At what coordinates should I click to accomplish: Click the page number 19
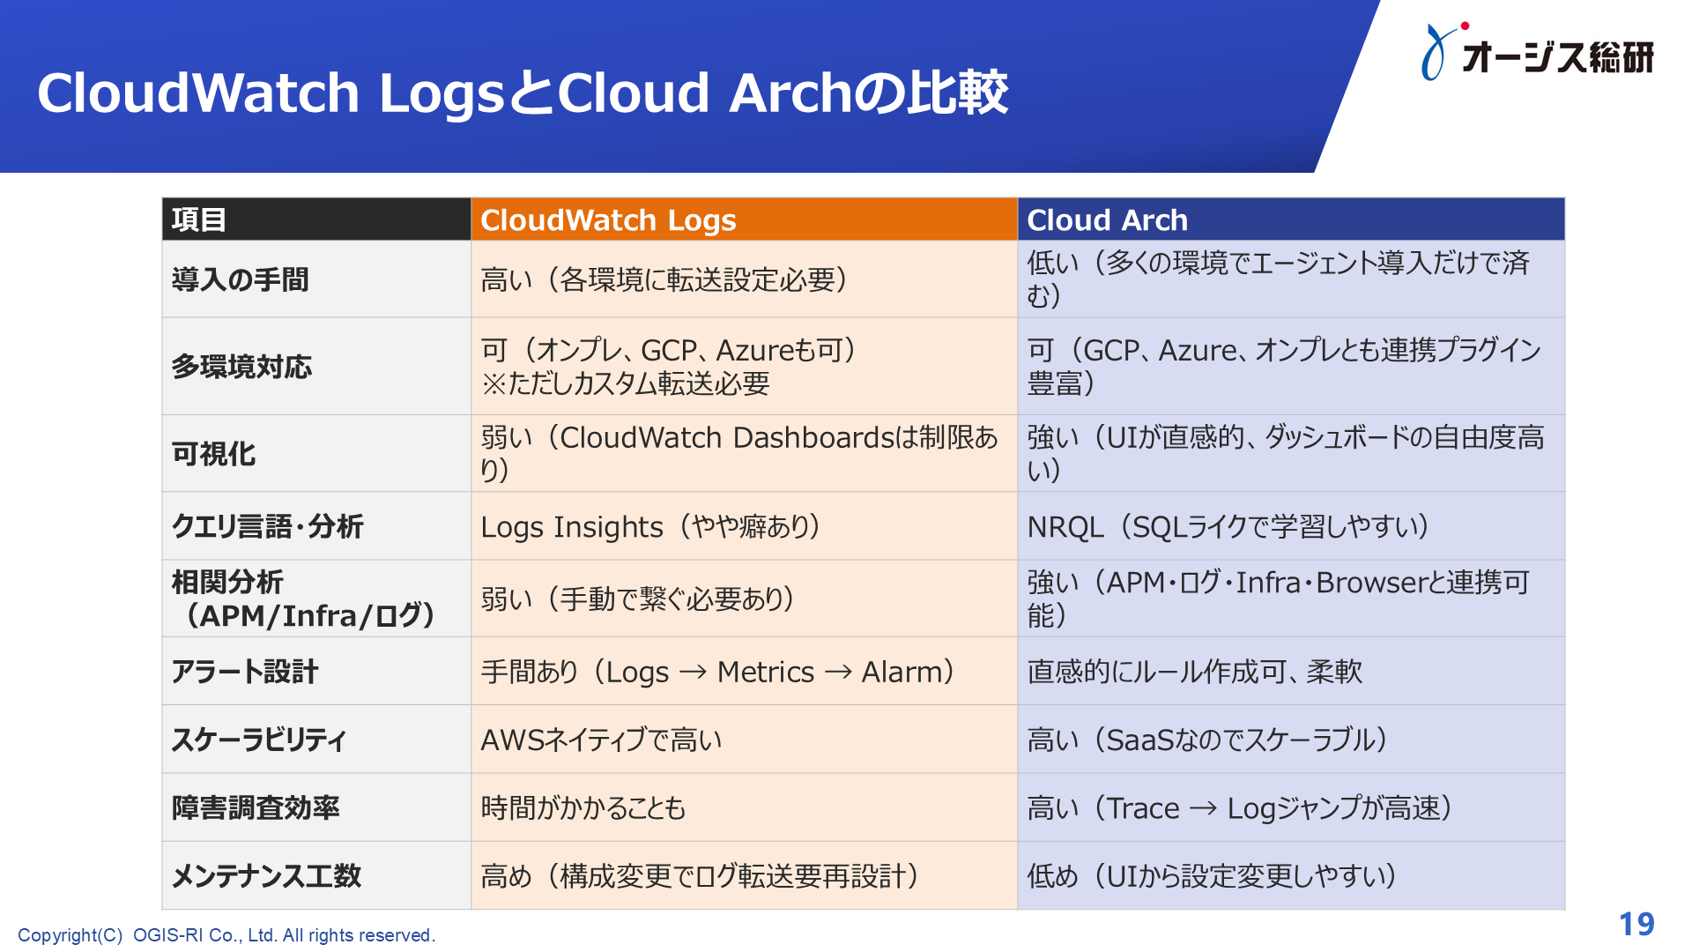point(1636,924)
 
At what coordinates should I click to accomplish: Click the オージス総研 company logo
point(1538,54)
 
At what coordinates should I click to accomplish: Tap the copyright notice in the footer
point(226,935)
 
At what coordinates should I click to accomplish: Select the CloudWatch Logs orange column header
point(608,220)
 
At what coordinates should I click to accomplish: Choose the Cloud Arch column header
point(1107,220)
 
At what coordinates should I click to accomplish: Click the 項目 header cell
point(199,220)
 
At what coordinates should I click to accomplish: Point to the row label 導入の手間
point(240,280)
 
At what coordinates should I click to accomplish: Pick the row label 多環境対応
point(241,367)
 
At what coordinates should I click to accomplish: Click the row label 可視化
point(213,454)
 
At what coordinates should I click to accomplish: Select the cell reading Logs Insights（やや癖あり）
point(650,527)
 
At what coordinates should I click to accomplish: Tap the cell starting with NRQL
point(1227,527)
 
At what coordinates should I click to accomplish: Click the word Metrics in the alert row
point(765,673)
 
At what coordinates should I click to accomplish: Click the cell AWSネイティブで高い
point(601,740)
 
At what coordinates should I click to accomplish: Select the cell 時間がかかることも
point(583,808)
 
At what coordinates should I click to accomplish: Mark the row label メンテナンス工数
point(266,876)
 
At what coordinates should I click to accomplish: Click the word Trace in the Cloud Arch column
point(1142,808)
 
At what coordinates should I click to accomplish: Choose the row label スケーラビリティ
point(258,740)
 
